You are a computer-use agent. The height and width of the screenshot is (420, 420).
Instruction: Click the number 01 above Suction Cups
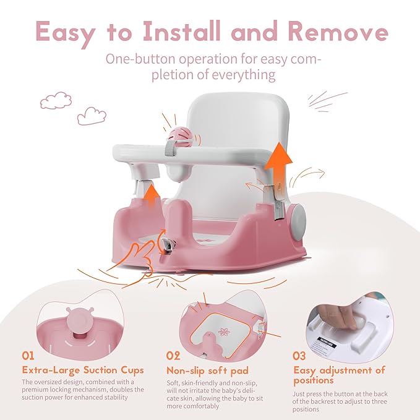click(x=29, y=356)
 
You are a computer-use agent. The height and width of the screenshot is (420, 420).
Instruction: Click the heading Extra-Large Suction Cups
click(x=83, y=370)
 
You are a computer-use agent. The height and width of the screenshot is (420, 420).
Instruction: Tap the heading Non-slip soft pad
click(x=207, y=370)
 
